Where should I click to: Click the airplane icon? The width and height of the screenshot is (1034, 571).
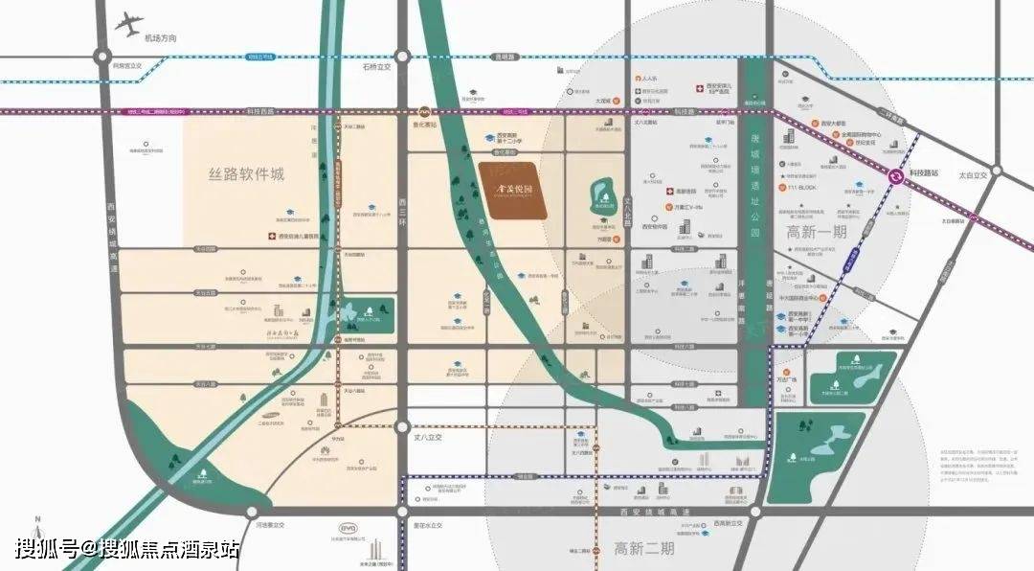click(126, 24)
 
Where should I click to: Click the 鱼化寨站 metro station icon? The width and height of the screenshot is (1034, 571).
click(424, 112)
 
